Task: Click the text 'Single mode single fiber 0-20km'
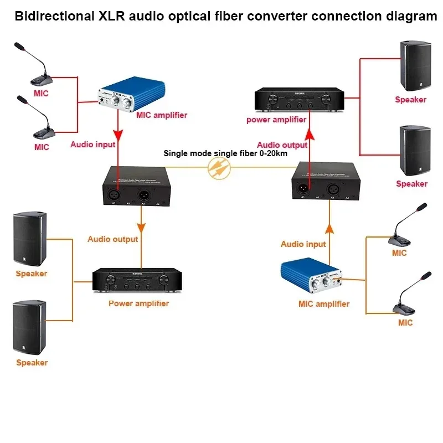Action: click(x=225, y=153)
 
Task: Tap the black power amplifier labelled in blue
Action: click(x=137, y=281)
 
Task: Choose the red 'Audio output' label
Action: click(x=282, y=145)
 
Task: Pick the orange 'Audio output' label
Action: click(x=112, y=239)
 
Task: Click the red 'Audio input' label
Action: click(x=92, y=145)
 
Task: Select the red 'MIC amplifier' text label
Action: click(x=162, y=115)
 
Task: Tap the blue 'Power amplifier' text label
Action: click(x=138, y=303)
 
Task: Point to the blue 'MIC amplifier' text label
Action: click(x=324, y=303)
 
